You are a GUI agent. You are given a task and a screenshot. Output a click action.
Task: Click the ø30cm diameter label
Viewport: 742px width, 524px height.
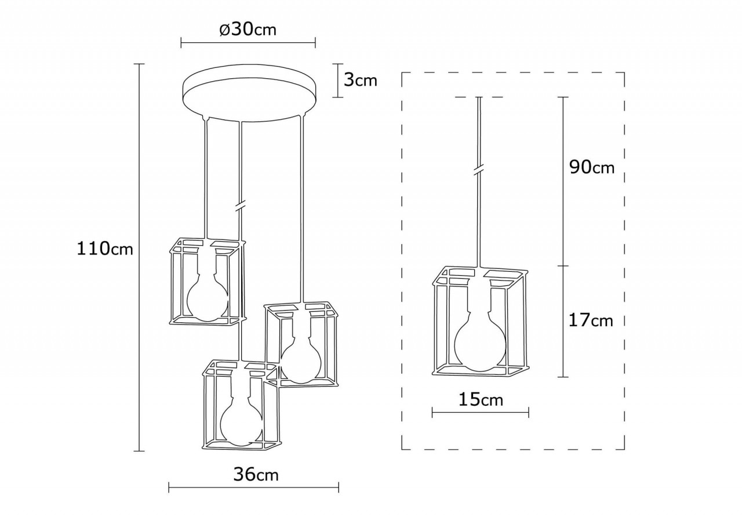[x=248, y=30]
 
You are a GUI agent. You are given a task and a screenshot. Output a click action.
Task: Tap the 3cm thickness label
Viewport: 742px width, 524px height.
[x=360, y=79]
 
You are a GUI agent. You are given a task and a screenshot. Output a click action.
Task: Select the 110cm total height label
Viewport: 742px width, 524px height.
[x=105, y=249]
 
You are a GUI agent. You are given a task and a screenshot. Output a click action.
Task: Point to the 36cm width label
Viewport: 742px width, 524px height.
[x=256, y=474]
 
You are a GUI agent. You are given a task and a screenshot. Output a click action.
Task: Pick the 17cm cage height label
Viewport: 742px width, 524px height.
[x=590, y=319]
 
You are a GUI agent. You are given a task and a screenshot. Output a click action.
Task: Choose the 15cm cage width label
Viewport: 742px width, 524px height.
[x=481, y=399]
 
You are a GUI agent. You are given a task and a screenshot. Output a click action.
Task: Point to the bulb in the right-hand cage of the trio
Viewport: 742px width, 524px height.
[x=300, y=362]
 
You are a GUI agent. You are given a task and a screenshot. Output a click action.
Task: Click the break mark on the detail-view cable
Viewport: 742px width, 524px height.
[x=479, y=169]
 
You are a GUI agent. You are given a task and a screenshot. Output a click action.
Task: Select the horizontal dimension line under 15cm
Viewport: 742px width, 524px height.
[x=481, y=412]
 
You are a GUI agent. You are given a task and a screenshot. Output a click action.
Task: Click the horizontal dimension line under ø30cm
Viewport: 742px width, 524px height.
[x=248, y=42]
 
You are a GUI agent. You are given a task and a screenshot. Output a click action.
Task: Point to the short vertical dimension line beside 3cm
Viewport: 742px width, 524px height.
[x=338, y=80]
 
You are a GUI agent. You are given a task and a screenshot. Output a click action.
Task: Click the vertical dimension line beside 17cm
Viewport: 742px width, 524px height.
[x=562, y=321]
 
